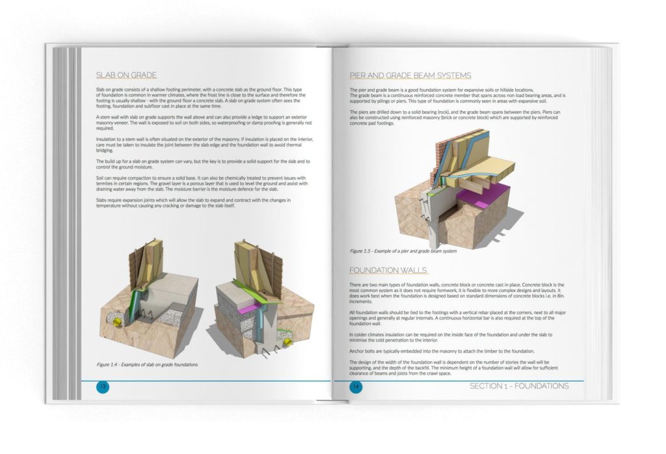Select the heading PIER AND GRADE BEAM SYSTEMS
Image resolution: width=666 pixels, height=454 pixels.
(410, 75)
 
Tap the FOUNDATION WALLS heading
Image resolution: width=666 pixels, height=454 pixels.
(388, 270)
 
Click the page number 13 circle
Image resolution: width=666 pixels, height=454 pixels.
(102, 386)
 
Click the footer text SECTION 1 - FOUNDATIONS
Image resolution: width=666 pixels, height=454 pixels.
(518, 386)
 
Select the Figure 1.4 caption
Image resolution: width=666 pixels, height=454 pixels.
(147, 365)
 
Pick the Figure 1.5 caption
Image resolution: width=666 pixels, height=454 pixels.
(403, 250)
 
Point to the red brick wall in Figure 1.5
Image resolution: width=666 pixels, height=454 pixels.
(440, 159)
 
